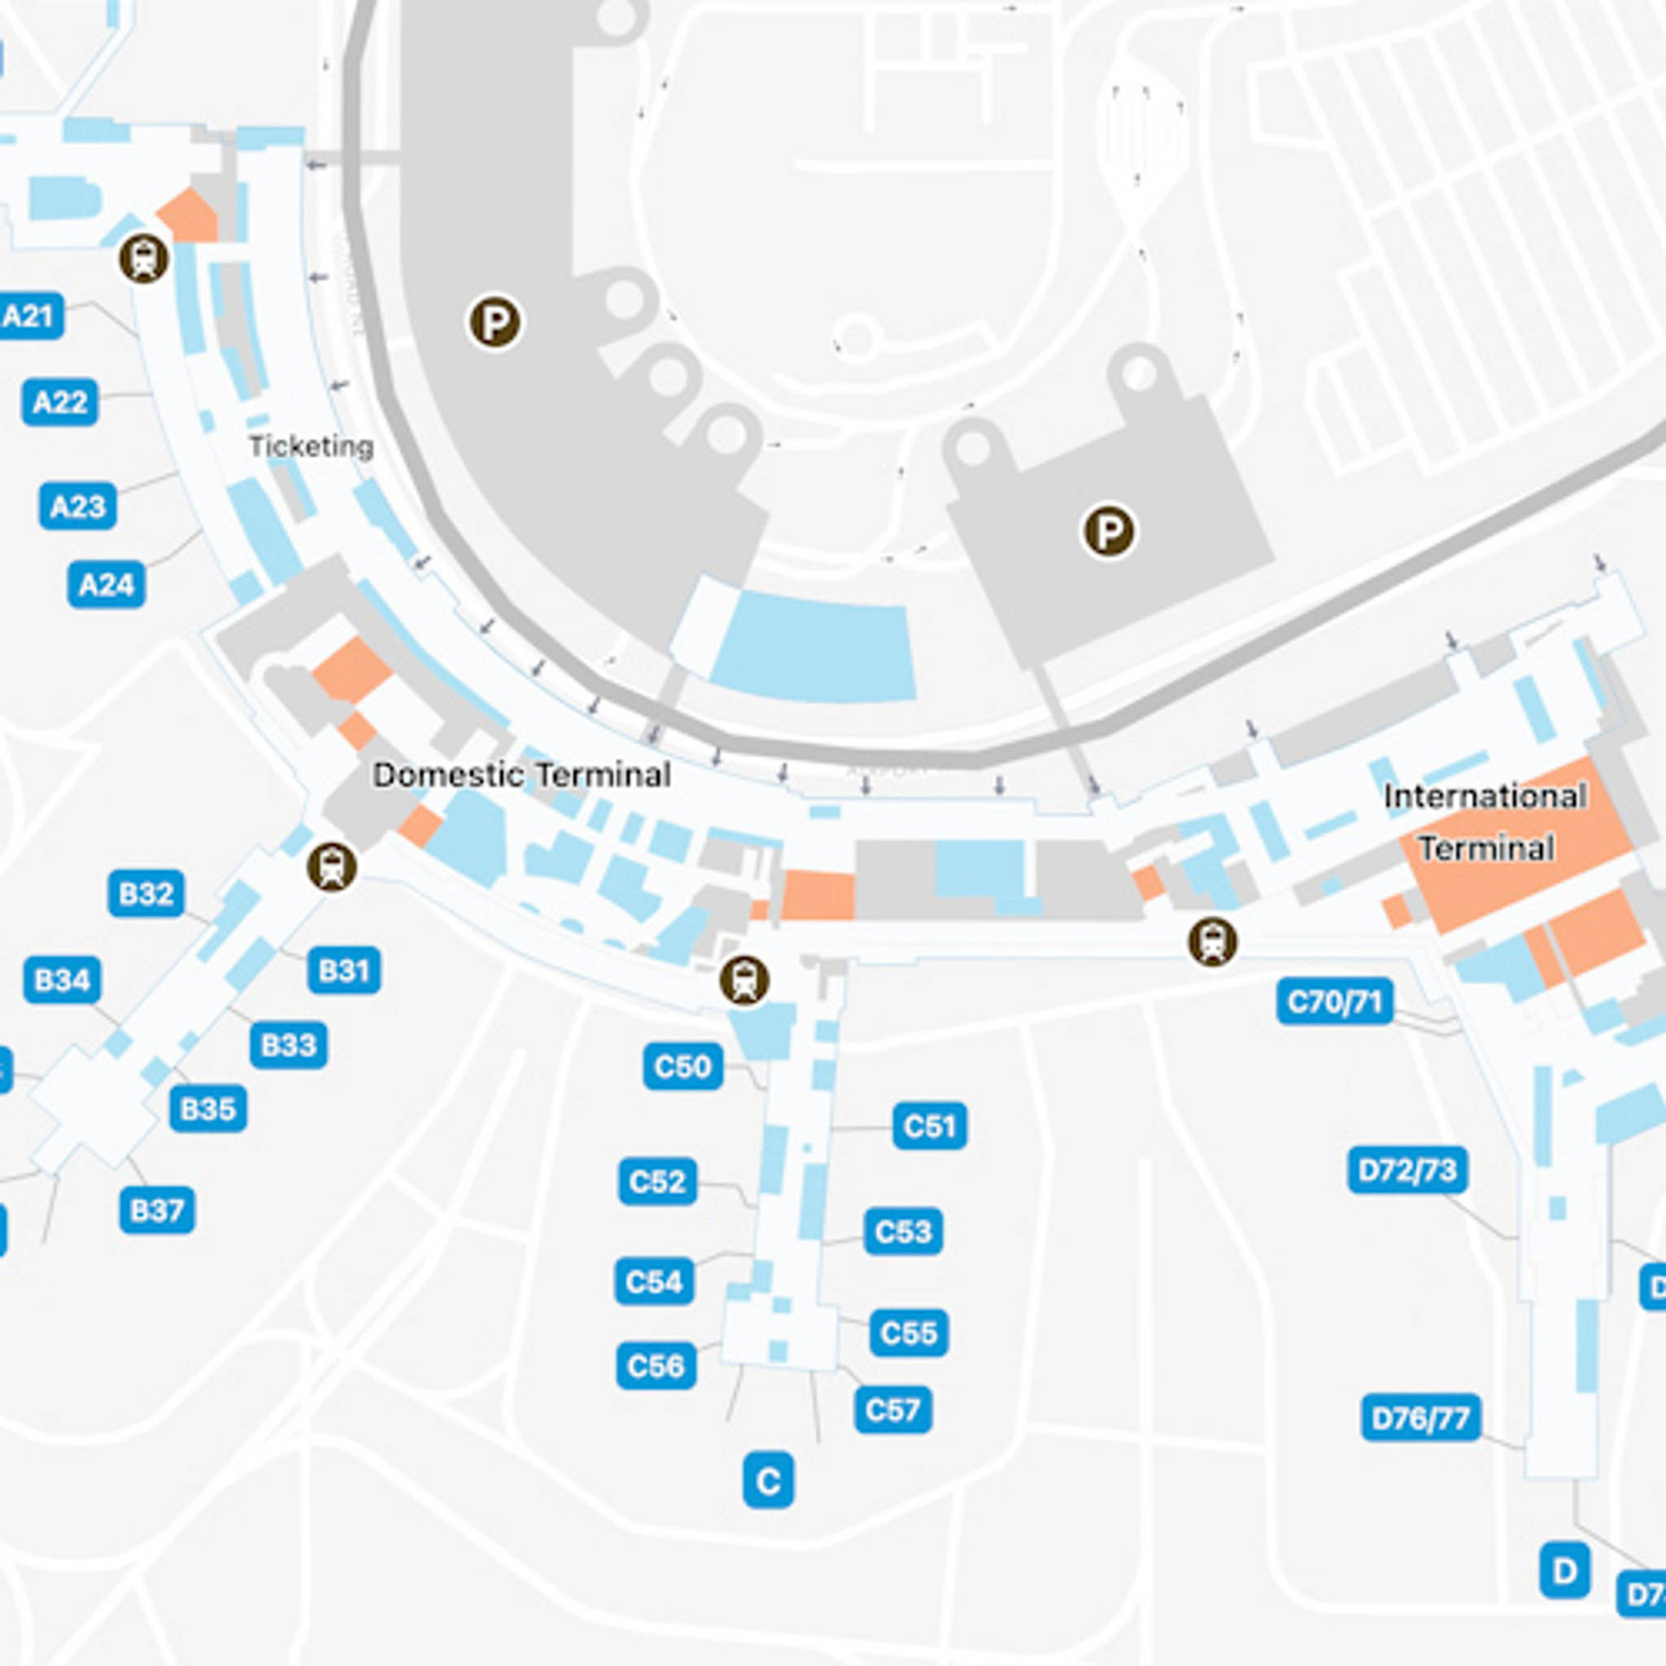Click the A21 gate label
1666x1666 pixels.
coord(30,316)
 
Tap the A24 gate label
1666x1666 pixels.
coord(106,585)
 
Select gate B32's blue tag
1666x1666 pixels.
coord(146,893)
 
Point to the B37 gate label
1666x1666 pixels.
coord(156,1210)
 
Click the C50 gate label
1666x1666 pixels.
coord(682,1066)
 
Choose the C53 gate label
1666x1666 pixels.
coord(903,1232)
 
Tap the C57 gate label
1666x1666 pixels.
coord(892,1410)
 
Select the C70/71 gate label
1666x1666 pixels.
coord(1334,1002)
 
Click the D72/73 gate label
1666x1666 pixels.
coord(1407,1170)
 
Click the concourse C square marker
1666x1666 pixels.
coord(767,1481)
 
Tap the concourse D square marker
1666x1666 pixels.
coord(1564,1570)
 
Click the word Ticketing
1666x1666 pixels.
coord(312,447)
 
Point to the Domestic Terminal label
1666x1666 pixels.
coord(521,774)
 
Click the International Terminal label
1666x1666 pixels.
coord(1485,822)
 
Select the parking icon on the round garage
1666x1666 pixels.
coord(495,322)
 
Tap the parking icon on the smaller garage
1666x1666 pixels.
coord(1109,530)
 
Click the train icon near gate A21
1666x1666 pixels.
coord(144,258)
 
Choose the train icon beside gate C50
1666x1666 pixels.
coord(744,980)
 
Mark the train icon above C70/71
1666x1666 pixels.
coord(1212,942)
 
